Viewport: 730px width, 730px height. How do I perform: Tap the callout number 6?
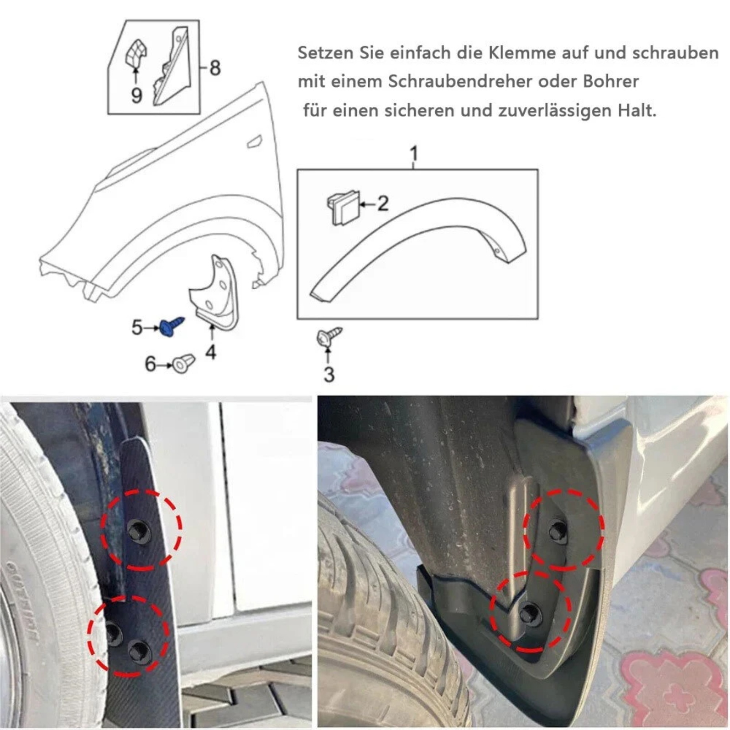point(150,364)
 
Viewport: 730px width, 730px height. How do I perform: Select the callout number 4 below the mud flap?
point(210,352)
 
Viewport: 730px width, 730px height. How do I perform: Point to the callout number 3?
point(329,375)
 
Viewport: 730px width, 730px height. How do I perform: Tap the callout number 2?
point(383,203)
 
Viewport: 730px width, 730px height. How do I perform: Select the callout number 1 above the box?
point(414,154)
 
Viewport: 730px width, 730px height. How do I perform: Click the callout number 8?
point(215,68)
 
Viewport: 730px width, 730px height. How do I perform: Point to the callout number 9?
point(136,95)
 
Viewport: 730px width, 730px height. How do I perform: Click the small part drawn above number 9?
point(136,54)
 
